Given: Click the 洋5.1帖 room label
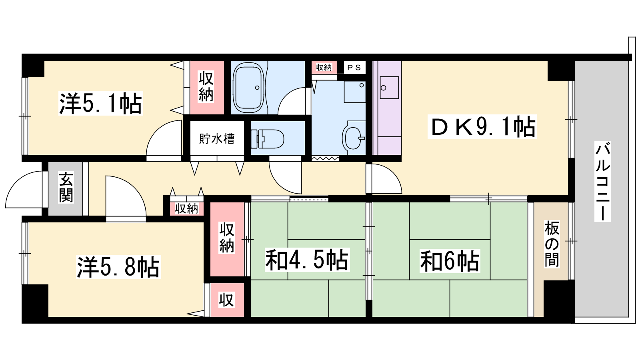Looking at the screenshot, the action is [100, 103].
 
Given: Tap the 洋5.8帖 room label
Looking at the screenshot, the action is [118, 267].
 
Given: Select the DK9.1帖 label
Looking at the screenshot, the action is [482, 126].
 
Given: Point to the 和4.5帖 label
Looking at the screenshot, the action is [307, 260].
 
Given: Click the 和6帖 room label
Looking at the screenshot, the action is [450, 261].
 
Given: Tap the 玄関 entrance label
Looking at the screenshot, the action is [66, 187].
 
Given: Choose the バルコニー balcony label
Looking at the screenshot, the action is [602, 182].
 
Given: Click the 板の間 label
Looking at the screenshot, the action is [552, 244].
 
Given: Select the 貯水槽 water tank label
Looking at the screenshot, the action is [217, 139].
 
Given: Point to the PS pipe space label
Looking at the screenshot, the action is [354, 68].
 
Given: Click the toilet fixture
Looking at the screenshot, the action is [268, 139].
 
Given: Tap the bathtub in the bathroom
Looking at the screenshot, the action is [248, 88].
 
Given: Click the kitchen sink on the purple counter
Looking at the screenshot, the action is [389, 88].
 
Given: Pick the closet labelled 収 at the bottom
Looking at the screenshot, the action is [227, 300].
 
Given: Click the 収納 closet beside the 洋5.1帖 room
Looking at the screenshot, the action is [206, 87].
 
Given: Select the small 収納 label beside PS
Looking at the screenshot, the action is [324, 68].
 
